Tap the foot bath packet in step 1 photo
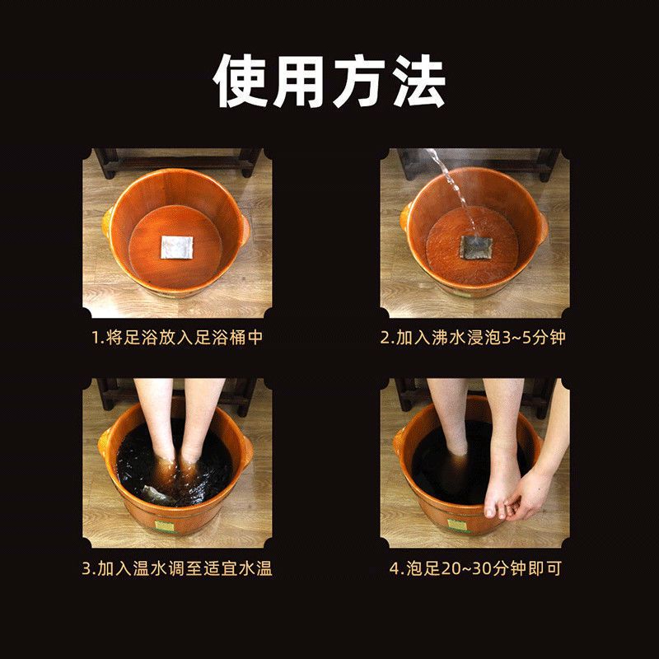(x=176, y=246)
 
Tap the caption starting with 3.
(x=181, y=568)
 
